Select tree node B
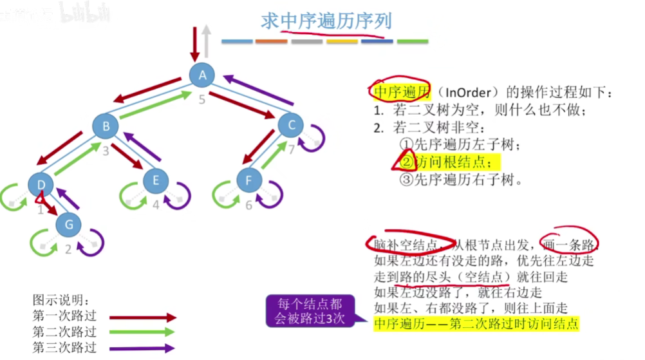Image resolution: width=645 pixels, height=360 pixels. click(104, 126)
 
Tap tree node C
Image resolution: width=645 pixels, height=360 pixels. click(292, 126)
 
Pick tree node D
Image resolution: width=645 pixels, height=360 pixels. click(41, 185)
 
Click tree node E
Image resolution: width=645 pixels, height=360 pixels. click(156, 180)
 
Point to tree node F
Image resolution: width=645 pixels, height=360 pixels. click(249, 180)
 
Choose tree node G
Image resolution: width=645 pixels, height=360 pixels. click(68, 224)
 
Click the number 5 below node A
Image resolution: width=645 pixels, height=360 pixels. click(201, 99)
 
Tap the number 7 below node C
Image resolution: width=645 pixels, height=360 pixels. click(291, 150)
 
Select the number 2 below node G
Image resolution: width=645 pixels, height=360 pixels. click(68, 249)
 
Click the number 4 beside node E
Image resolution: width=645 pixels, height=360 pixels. click(155, 205)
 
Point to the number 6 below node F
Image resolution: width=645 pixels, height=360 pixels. click(248, 205)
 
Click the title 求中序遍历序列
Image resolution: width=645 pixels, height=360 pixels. click(326, 21)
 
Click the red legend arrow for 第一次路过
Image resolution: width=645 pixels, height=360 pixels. click(142, 317)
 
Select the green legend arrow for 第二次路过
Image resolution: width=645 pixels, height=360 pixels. click(142, 332)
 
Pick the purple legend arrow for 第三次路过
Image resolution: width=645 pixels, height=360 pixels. click(142, 348)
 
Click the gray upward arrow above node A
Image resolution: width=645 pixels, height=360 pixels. click(205, 40)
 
